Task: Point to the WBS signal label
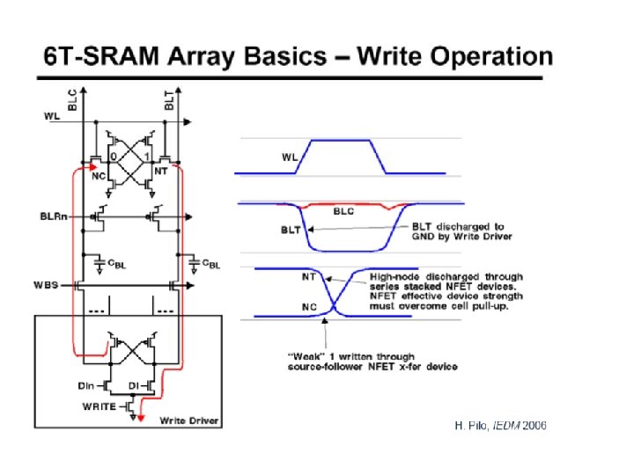pos(46,284)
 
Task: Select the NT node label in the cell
pos(160,172)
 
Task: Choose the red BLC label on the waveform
pos(343,211)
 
